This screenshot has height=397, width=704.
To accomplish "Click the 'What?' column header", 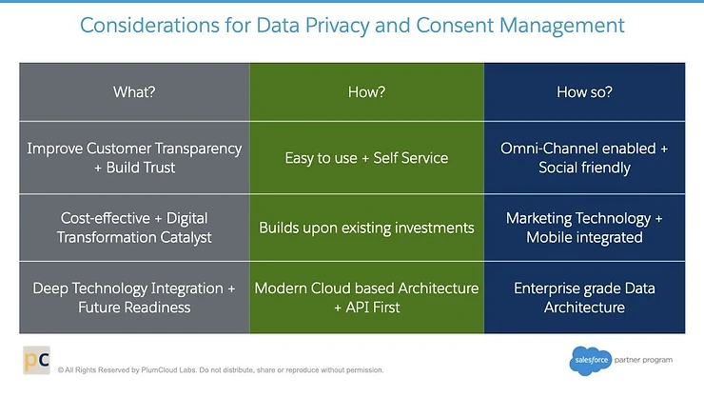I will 133,92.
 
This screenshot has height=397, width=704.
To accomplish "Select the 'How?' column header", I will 366,92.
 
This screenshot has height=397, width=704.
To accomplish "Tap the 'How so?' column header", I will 584,92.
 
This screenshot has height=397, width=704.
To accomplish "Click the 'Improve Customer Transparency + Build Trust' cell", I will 133,158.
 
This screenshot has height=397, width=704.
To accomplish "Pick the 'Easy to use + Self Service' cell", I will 366,158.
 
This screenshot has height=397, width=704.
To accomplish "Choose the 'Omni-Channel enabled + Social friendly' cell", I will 584,158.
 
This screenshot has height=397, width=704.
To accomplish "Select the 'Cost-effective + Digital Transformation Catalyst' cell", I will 133,228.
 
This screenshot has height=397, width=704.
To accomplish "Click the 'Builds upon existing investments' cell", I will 366,228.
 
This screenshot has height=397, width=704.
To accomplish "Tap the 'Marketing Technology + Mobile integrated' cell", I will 584,228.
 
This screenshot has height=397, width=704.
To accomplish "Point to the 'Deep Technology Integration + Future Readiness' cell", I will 133,297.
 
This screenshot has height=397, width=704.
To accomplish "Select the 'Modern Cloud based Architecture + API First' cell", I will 366,297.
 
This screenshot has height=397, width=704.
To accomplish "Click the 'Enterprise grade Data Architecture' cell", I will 584,297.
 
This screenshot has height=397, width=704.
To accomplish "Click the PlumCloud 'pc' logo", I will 36,362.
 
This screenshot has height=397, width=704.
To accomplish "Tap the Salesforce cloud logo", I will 590,361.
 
